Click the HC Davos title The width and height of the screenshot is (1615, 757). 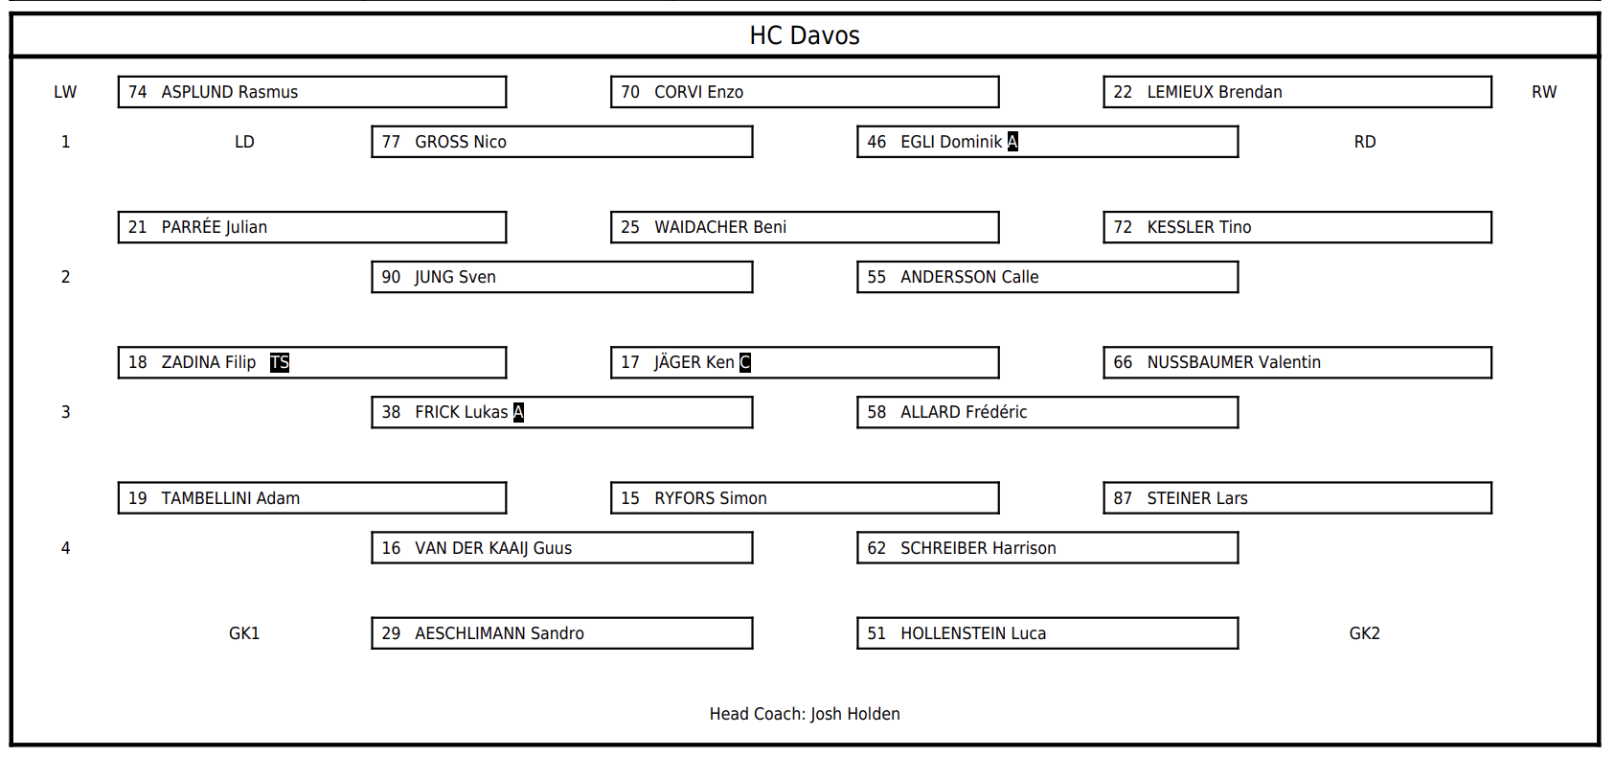tap(805, 35)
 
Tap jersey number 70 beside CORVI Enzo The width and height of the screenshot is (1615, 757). tap(630, 92)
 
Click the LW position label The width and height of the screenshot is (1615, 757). tap(65, 92)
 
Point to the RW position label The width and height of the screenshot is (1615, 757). tap(1543, 92)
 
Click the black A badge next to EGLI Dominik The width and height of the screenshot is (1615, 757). tap(1013, 141)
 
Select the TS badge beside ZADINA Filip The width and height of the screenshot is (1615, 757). tap(280, 362)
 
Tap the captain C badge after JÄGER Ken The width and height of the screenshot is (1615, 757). tap(745, 362)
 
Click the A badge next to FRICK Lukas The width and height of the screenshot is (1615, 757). tap(518, 412)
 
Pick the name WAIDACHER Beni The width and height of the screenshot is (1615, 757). tap(720, 227)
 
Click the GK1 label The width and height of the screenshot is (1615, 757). tap(244, 633)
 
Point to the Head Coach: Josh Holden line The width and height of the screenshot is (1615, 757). tap(805, 714)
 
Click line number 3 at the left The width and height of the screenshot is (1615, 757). tap(65, 412)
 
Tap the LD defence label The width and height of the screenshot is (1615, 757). tap(244, 142)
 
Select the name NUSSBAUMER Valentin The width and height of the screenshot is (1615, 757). tap(1234, 362)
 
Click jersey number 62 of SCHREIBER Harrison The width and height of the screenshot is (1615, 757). tap(876, 548)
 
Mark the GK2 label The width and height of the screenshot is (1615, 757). tap(1364, 633)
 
